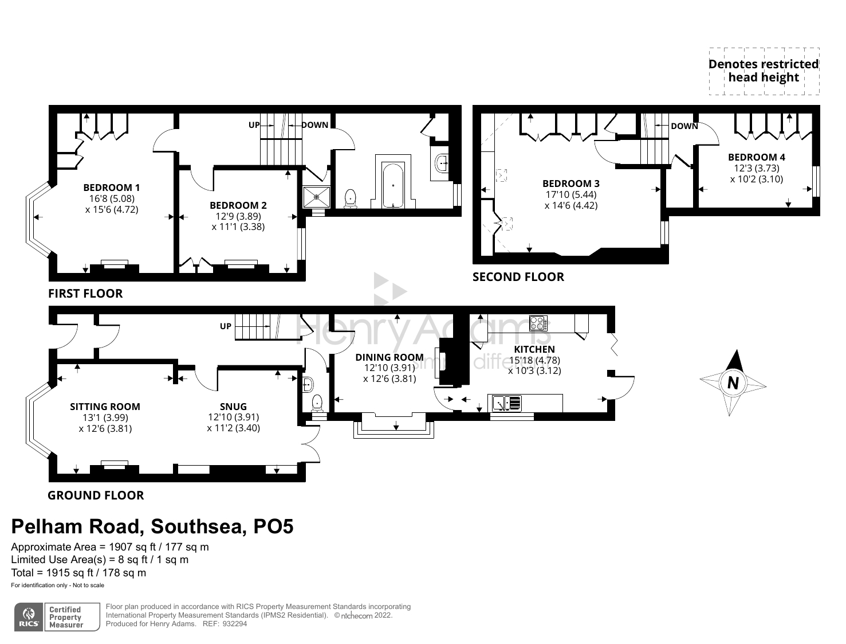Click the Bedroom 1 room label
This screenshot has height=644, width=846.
112,188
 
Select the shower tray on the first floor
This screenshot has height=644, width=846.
316,196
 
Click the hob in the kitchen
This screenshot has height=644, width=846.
538,323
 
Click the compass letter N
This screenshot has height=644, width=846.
733,382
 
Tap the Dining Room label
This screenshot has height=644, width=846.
389,357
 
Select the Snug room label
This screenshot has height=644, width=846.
233,407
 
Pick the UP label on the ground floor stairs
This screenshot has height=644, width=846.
226,326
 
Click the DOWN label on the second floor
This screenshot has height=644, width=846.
684,126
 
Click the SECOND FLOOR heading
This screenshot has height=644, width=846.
518,277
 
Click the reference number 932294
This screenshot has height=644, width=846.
235,624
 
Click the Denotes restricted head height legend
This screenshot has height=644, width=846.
764,71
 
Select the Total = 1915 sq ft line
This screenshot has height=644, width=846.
78,572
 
